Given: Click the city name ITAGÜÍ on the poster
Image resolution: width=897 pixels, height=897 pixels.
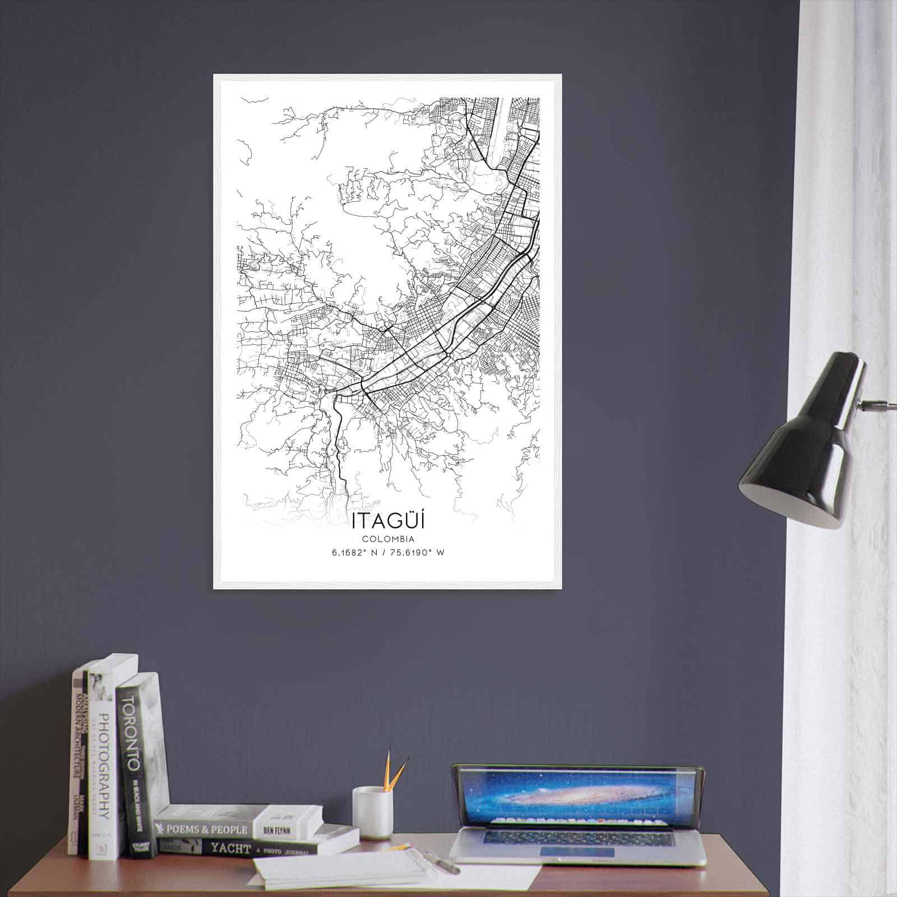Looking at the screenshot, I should (x=388, y=521).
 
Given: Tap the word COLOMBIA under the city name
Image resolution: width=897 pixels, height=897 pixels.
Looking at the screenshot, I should (x=388, y=539).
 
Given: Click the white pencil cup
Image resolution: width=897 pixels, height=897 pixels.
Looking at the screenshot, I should (x=372, y=813).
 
